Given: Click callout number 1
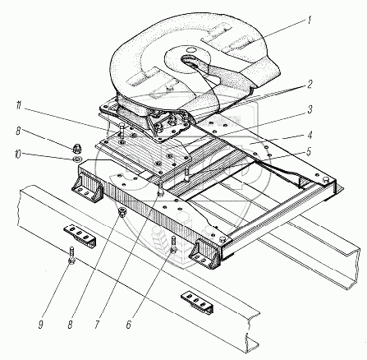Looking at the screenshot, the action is click(310, 20).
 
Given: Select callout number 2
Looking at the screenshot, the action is click(310, 84).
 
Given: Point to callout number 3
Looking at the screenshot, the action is click(310, 109).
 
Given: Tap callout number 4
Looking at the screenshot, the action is click(310, 135).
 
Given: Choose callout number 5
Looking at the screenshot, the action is click(309, 151).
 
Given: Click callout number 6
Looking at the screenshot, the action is click(129, 325).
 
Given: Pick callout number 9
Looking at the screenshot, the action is click(41, 325).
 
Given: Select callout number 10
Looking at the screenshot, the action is click(17, 155).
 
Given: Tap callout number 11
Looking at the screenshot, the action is click(18, 106).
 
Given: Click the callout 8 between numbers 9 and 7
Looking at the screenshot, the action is click(70, 325).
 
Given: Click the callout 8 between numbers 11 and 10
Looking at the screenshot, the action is click(18, 131).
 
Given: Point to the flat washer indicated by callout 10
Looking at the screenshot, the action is click(78, 159).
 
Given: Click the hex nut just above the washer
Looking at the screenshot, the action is click(77, 149).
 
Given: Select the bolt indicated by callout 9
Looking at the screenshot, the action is click(71, 256).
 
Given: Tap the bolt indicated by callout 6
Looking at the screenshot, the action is click(173, 244).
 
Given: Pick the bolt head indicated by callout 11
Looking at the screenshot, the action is click(122, 125).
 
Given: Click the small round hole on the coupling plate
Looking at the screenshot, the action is click(190, 50).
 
